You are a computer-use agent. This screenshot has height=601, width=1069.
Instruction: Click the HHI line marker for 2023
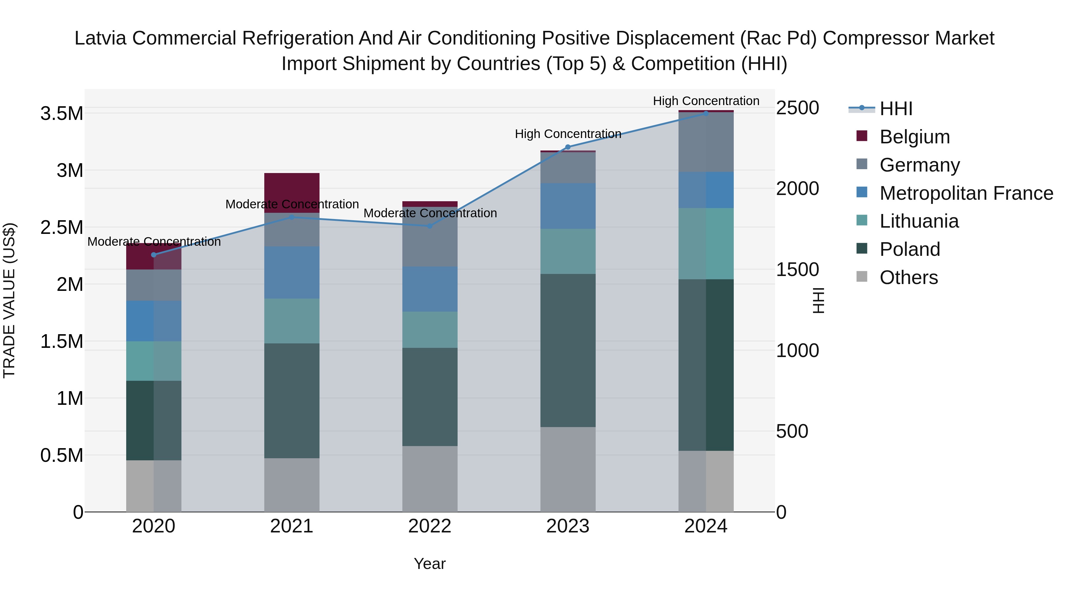point(568,147)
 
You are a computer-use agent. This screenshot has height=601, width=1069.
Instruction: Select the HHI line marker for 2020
point(154,255)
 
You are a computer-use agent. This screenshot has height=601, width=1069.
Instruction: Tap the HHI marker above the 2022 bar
point(430,226)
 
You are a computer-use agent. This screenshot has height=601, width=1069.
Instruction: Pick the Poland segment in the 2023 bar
point(568,351)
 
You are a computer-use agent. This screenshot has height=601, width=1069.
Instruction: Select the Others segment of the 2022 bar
point(430,479)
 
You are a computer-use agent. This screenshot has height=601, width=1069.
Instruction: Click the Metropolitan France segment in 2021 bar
point(292,272)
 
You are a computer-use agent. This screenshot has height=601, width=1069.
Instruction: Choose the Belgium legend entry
point(914,137)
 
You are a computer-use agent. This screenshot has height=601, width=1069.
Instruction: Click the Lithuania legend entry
point(919,221)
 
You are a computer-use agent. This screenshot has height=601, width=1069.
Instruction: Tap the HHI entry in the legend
point(896,109)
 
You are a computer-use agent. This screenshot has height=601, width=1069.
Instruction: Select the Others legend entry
point(908,277)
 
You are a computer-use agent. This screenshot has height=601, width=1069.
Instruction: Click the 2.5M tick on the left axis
point(62,227)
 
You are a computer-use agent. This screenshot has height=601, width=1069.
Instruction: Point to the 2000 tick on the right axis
point(797,189)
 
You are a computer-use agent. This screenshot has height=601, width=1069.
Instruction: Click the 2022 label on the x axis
point(430,526)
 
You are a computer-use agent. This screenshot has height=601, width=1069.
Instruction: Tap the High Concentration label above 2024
point(706,101)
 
